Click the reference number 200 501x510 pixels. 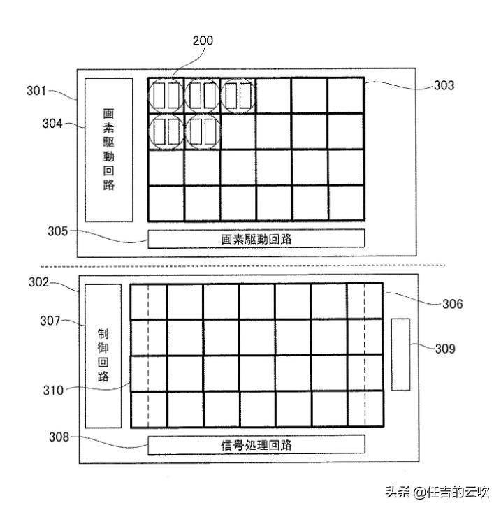[x=203, y=41]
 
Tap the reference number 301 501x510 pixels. [x=33, y=91]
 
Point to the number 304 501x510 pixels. [x=52, y=124]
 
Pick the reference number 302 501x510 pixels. [x=37, y=283]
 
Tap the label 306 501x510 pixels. [x=451, y=304]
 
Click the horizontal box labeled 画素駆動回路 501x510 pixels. [x=256, y=239]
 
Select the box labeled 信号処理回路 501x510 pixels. [x=256, y=444]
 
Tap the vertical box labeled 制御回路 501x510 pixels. [x=103, y=356]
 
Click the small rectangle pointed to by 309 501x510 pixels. [x=400, y=354]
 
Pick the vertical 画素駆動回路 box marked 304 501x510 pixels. [x=108, y=150]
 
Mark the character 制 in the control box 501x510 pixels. [x=103, y=332]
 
